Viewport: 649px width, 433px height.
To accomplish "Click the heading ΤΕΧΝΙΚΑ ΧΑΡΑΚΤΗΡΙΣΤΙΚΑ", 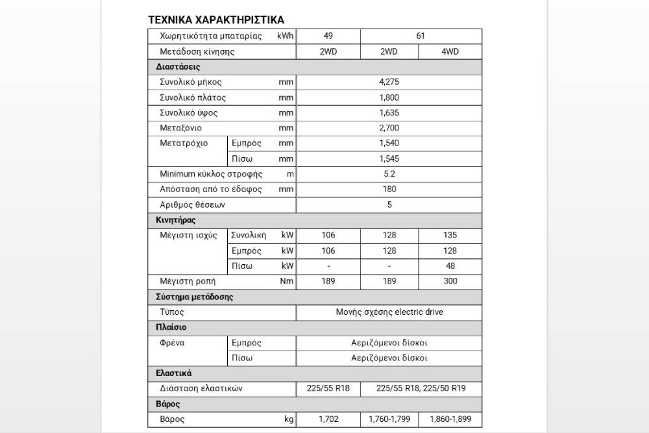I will pyautogui.click(x=216, y=20).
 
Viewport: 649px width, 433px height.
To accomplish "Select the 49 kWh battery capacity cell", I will pyautogui.click(x=328, y=36).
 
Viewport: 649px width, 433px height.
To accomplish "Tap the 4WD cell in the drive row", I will pyautogui.click(x=450, y=51).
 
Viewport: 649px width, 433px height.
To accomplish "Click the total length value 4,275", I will pyautogui.click(x=389, y=82).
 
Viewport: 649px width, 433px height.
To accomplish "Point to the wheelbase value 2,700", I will pyautogui.click(x=389, y=128).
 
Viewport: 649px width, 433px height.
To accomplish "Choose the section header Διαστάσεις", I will pyautogui.click(x=178, y=67).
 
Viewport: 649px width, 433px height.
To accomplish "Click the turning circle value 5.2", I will pyautogui.click(x=389, y=174).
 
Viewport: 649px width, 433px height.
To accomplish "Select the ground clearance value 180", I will pyautogui.click(x=389, y=189).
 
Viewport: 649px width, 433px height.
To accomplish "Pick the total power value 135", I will pyautogui.click(x=450, y=235).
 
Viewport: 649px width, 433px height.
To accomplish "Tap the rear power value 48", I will pyautogui.click(x=450, y=266).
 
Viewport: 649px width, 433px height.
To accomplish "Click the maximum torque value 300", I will pyautogui.click(x=450, y=281).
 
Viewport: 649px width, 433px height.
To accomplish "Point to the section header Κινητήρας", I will pyautogui.click(x=177, y=220).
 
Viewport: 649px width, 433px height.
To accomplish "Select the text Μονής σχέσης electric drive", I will pyautogui.click(x=389, y=312).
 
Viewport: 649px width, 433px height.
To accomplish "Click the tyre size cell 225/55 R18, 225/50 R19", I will pyautogui.click(x=421, y=389).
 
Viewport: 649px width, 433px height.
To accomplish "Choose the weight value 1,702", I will pyautogui.click(x=328, y=419).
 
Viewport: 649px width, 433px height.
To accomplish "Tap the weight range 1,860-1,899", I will pyautogui.click(x=450, y=419).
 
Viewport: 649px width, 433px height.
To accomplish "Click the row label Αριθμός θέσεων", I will pyautogui.click(x=193, y=204).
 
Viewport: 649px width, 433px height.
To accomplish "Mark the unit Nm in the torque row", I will pyautogui.click(x=286, y=281).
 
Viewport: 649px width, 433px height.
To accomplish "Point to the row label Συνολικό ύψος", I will pyautogui.click(x=188, y=113).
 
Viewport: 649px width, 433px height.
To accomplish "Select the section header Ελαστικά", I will pyautogui.click(x=174, y=373).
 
